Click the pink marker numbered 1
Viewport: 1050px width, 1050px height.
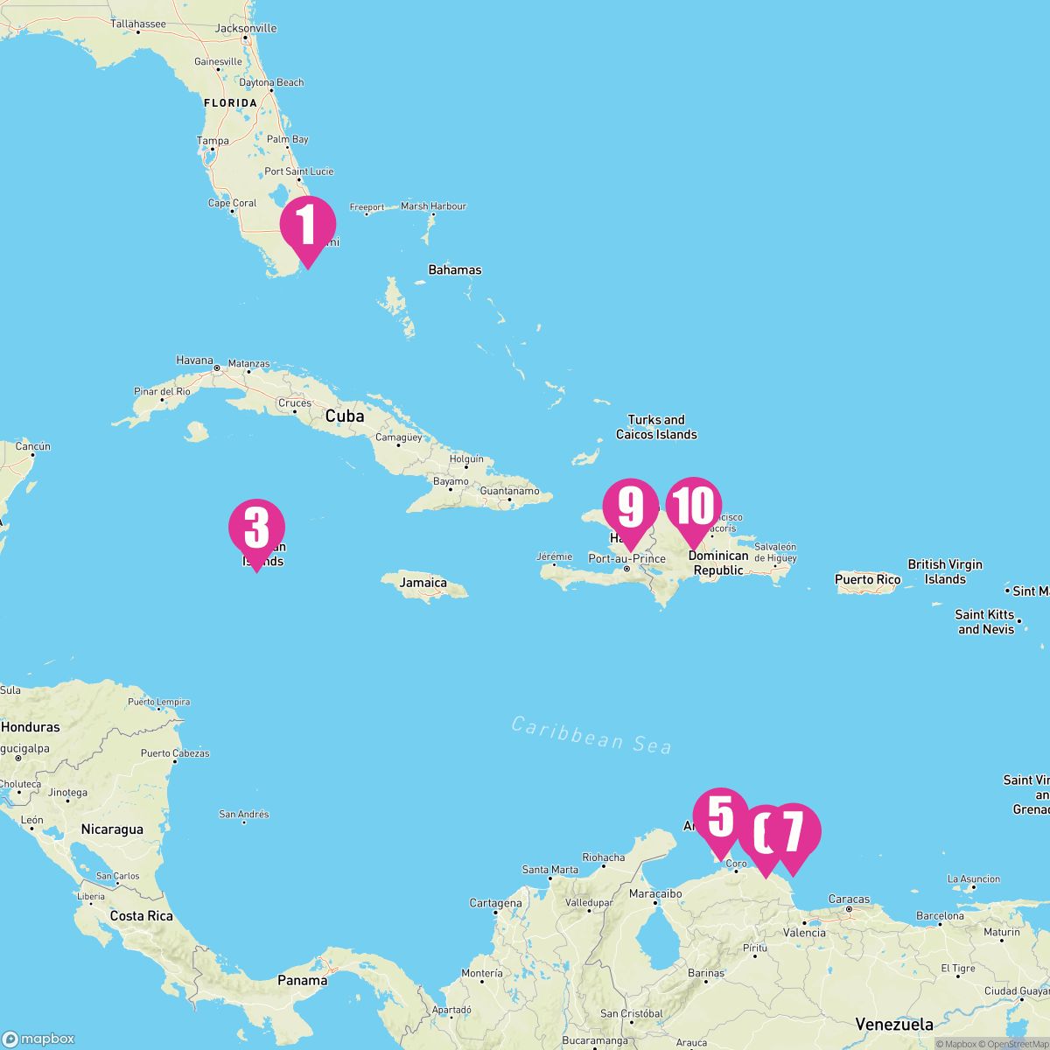[x=307, y=226]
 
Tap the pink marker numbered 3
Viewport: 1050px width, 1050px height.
[x=256, y=528]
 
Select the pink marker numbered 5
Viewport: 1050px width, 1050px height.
[x=720, y=816]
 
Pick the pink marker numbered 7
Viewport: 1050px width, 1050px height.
[x=793, y=832]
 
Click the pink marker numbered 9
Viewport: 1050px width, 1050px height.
[x=630, y=507]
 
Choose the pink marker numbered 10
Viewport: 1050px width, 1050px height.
[x=694, y=506]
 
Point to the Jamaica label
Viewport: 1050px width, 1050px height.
[x=423, y=583]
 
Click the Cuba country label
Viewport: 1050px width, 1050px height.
[x=345, y=416]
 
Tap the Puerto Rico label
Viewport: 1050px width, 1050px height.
[x=867, y=579]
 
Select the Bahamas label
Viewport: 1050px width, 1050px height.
[x=454, y=270]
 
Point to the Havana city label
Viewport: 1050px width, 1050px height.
[x=195, y=360]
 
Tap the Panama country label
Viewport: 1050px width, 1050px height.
[x=302, y=980]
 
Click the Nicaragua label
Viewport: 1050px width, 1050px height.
[x=112, y=829]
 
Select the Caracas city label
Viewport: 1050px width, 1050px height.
[x=849, y=899]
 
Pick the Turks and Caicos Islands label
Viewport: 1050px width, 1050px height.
[x=656, y=427]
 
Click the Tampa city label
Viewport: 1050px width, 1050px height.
[x=213, y=141]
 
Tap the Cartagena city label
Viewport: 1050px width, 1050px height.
[x=495, y=903]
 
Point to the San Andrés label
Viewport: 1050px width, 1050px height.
[x=243, y=815]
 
